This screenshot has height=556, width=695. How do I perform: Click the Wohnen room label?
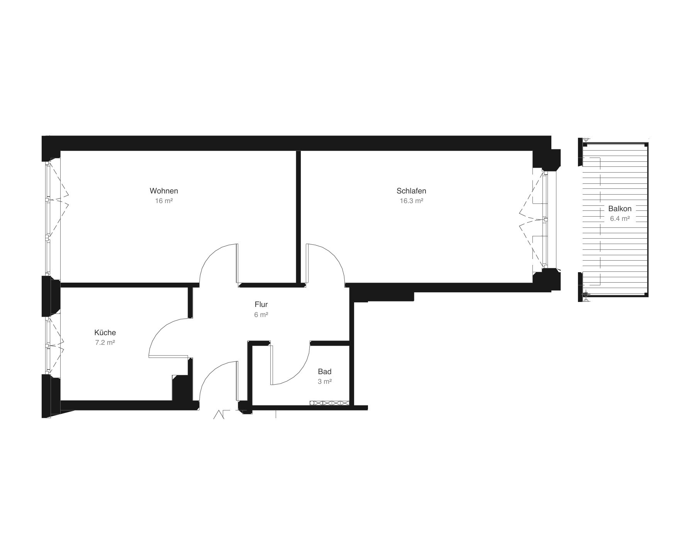[x=164, y=191]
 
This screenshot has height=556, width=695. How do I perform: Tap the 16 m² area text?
[x=164, y=201]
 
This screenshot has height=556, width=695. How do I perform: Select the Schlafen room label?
[x=411, y=191]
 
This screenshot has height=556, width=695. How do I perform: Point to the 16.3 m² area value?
[x=412, y=201]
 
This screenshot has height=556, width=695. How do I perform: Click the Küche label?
[x=105, y=332]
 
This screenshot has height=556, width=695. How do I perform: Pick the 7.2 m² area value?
[x=105, y=342]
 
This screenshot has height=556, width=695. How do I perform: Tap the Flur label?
[x=261, y=304]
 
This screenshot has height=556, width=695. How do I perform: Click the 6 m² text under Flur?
[x=261, y=315]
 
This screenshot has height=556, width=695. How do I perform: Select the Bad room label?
[x=325, y=371]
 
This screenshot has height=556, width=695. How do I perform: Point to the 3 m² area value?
[x=325, y=381]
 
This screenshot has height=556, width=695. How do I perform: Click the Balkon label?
[x=620, y=208]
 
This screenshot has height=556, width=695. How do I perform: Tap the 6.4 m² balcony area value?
[x=620, y=219]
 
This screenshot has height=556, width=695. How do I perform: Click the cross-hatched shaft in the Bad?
[x=329, y=403]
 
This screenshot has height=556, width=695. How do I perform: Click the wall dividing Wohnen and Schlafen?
[x=298, y=217]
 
